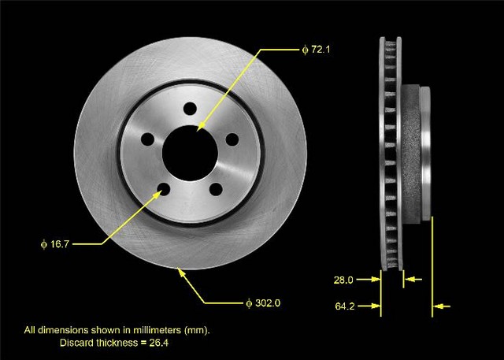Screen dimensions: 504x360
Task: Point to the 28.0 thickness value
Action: [x=343, y=280]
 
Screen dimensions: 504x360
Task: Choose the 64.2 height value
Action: [x=345, y=306]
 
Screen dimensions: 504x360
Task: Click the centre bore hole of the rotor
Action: [x=190, y=153]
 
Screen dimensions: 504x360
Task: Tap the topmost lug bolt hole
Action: [x=190, y=109]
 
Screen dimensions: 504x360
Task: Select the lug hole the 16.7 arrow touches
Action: [x=164, y=189]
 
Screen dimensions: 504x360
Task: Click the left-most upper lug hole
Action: [x=148, y=139]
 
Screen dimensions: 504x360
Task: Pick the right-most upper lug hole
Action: [x=232, y=139]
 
